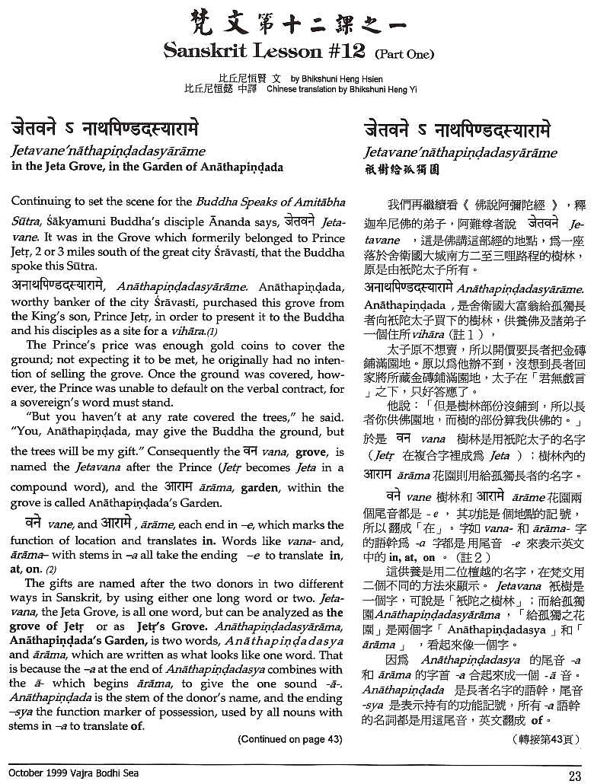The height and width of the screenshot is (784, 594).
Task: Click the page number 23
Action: pyautogui.click(x=574, y=775)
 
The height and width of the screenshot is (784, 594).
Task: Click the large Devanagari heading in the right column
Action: pyautogui.click(x=466, y=127)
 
